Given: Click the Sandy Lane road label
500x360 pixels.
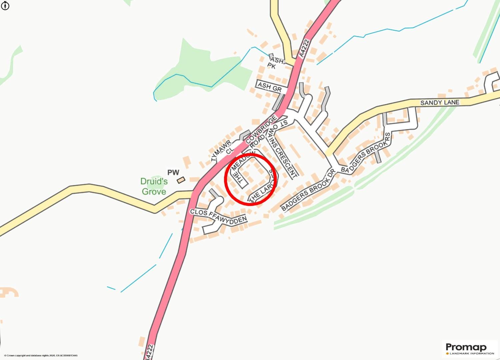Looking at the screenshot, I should (x=440, y=102).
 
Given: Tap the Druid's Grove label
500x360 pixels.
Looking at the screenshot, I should (x=154, y=186).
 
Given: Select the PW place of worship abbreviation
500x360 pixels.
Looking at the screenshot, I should (x=173, y=172).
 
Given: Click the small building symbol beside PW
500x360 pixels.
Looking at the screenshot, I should (x=181, y=180).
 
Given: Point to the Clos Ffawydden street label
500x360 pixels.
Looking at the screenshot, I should (x=218, y=216).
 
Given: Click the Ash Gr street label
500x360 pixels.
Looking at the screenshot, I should (x=270, y=87).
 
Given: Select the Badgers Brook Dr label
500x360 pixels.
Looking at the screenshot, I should (x=308, y=191).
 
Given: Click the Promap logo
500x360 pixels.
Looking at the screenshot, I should (x=466, y=347).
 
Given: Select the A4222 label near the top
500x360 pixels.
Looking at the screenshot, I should (x=304, y=49).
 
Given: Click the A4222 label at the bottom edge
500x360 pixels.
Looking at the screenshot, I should (x=150, y=352).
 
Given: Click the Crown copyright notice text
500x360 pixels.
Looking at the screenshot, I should (x=41, y=356).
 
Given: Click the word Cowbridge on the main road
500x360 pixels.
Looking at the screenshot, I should (x=262, y=130).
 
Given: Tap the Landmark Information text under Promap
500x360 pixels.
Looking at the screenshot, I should (x=471, y=353).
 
